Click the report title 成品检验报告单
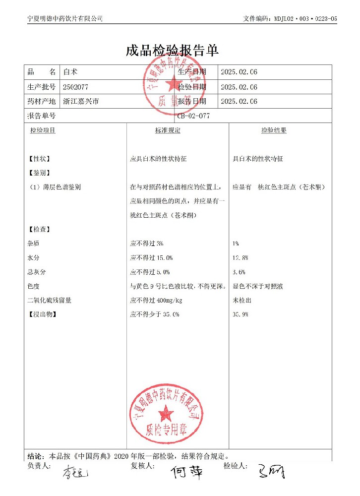click(172, 50)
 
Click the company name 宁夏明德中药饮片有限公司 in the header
click(64, 18)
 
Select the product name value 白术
click(68, 72)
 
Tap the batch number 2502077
click(75, 87)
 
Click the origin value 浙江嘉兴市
click(81, 102)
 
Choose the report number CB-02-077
click(194, 116)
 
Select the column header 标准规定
click(168, 130)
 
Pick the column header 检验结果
click(274, 130)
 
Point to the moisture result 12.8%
click(240, 258)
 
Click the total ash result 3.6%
click(239, 272)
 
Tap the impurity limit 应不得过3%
click(146, 244)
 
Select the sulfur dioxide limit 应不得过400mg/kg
click(156, 301)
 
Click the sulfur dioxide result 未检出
click(241, 301)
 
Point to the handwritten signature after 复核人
click(186, 472)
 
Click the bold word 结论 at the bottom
click(35, 456)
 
